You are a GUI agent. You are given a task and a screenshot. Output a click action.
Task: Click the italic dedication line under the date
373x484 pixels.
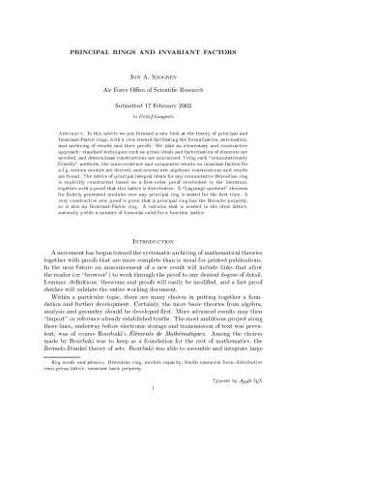coord(186,133)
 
